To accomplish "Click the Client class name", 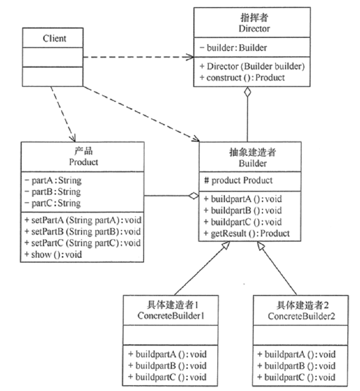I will pos(55,38).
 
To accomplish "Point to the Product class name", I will pos(83,162).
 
